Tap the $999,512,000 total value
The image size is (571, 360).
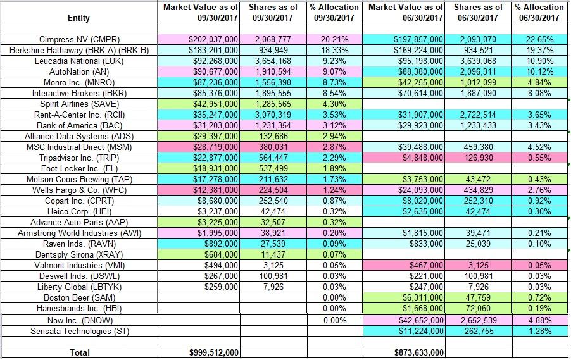click(213, 352)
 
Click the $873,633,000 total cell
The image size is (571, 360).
click(418, 352)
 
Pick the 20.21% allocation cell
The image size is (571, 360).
click(334, 40)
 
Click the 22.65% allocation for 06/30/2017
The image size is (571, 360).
click(539, 40)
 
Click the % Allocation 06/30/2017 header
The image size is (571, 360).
click(539, 12)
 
